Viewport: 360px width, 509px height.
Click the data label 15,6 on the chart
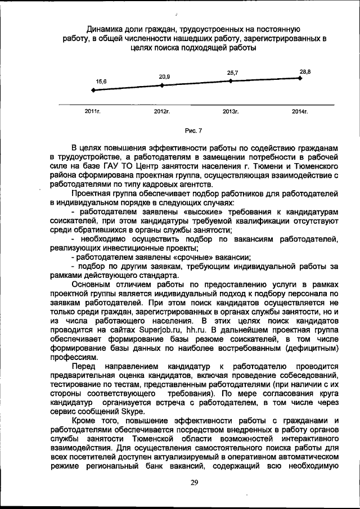tap(101, 82)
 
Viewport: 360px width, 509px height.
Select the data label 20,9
tap(165, 76)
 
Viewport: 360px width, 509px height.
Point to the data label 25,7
tap(232, 73)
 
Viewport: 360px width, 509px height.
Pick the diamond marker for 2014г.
tap(300, 78)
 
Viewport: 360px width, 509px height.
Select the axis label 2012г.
tap(162, 112)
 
